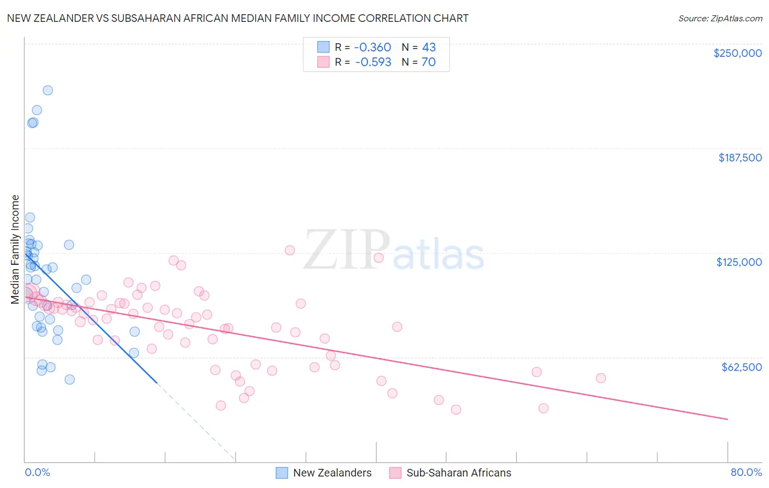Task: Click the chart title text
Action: click(x=237, y=18)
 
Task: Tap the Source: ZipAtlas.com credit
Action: click(x=720, y=18)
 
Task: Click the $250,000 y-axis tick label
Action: click(x=737, y=53)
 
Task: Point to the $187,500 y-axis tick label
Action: click(x=739, y=158)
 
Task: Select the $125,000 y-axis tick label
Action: click(x=739, y=262)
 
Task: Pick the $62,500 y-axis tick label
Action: click(x=741, y=367)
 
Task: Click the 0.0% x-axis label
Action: click(x=37, y=472)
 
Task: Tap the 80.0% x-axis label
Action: click(x=746, y=472)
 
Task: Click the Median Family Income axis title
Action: click(x=15, y=249)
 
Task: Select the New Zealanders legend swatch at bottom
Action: click(x=282, y=473)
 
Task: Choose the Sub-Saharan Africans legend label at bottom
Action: click(x=458, y=473)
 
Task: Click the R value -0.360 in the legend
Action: click(x=373, y=47)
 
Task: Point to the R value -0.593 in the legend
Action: click(x=373, y=62)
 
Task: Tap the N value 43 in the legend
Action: click(x=429, y=47)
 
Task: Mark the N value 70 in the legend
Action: click(x=429, y=62)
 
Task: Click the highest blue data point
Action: click(x=48, y=90)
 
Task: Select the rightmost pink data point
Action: click(x=601, y=378)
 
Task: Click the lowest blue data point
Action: click(x=69, y=380)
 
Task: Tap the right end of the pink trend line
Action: click(x=727, y=419)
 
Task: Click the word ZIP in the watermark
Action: click(x=347, y=251)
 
